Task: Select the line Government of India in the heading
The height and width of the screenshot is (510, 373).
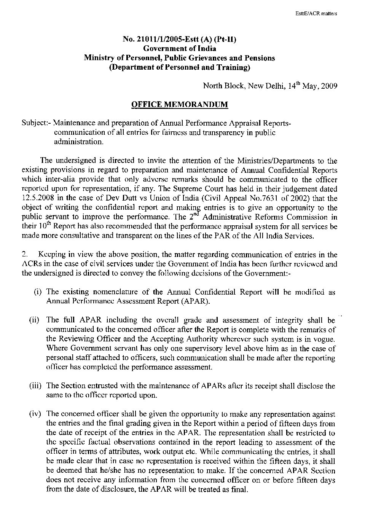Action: point(180,49)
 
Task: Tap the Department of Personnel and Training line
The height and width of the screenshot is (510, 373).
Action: point(180,68)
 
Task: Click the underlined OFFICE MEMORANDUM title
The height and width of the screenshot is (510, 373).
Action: point(180,104)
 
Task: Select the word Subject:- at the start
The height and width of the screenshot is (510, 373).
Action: point(37,123)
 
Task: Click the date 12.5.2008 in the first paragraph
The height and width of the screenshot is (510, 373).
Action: point(39,198)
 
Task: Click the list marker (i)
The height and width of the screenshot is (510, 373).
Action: point(38,292)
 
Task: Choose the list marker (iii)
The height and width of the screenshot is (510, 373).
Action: point(36,386)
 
